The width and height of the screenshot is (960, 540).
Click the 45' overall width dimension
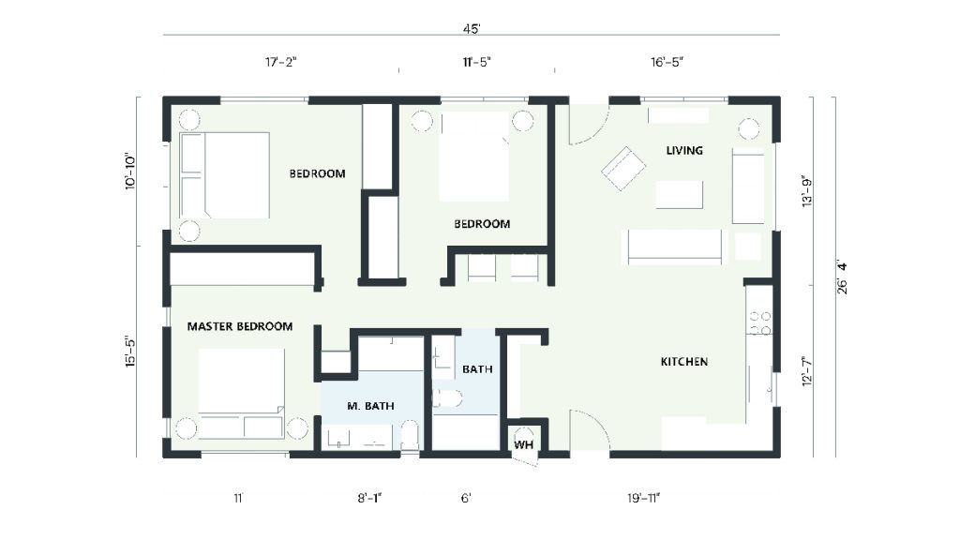point(471,29)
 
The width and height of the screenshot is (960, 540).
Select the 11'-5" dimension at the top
point(476,62)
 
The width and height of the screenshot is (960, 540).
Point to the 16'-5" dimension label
point(667,62)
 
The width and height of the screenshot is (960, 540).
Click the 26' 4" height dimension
point(842,278)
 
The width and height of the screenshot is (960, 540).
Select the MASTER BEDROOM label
point(240,327)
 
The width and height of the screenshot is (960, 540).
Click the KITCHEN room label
point(683,362)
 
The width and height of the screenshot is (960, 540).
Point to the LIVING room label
point(684,151)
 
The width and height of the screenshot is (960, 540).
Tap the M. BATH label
point(370,406)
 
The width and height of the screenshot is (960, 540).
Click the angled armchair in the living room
point(622,169)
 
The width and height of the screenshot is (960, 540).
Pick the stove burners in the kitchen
point(760,323)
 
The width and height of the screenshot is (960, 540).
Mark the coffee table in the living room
point(679,194)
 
